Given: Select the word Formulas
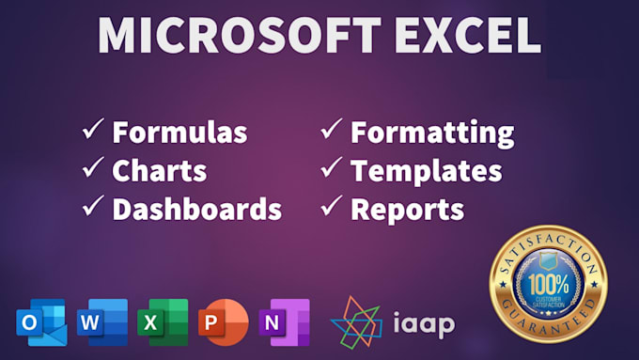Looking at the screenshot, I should (179, 132).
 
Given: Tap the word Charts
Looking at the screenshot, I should (159, 170).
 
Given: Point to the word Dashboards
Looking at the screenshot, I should (196, 209).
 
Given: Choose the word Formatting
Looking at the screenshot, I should (432, 132).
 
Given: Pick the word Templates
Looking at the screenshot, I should (426, 170).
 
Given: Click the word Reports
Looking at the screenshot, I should (407, 209).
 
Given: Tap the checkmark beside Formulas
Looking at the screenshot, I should (92, 132).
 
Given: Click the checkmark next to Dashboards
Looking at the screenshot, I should (92, 208).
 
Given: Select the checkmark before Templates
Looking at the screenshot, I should (331, 170).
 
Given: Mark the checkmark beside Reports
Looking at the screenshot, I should (331, 208).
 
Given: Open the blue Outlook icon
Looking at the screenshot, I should (40, 323).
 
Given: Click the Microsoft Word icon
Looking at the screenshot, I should (101, 323).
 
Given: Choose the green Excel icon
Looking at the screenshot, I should (162, 323).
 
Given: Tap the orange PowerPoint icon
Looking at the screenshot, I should (223, 323).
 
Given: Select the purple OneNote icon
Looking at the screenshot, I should (283, 323).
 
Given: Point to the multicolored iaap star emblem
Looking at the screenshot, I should (356, 321).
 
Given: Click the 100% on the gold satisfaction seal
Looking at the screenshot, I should (548, 281).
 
